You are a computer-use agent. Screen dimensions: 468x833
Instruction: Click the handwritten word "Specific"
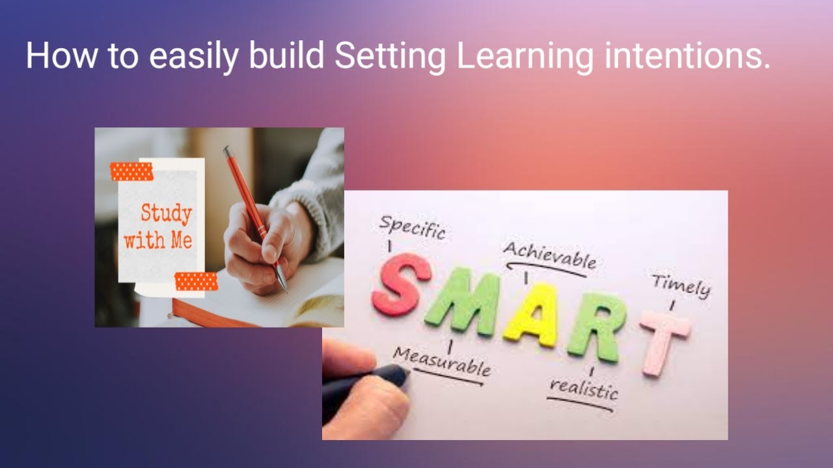[x=412, y=227]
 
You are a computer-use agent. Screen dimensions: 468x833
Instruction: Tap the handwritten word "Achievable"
[x=550, y=255]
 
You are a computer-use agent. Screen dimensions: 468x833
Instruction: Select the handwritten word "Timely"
[x=680, y=286]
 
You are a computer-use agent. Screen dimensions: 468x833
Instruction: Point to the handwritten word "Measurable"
[x=442, y=362]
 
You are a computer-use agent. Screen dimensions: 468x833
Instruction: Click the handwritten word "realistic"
[x=583, y=389]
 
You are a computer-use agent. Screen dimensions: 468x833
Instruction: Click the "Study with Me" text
[x=159, y=227]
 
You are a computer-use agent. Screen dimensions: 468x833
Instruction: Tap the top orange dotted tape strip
[x=131, y=172]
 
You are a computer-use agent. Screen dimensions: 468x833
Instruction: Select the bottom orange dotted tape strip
[x=196, y=281]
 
